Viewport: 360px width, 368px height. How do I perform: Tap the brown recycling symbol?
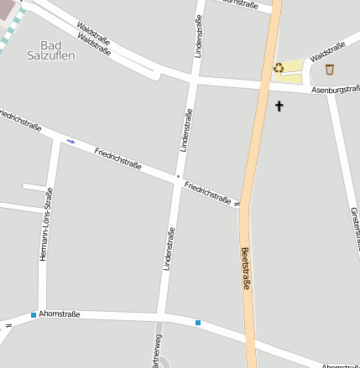click(279, 68)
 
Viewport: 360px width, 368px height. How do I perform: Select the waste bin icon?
click(330, 69)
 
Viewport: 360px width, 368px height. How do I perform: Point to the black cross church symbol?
click(279, 106)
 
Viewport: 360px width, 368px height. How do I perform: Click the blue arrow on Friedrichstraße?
click(71, 141)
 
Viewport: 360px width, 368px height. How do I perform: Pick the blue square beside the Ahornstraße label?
click(33, 314)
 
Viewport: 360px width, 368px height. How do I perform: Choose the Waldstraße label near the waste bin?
click(327, 52)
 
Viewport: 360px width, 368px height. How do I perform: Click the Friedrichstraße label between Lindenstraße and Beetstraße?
click(208, 191)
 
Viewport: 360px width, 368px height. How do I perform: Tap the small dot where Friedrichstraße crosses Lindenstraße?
click(178, 177)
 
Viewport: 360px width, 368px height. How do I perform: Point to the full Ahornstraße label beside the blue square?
click(59, 314)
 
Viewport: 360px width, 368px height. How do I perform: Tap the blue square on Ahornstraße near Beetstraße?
click(198, 322)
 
